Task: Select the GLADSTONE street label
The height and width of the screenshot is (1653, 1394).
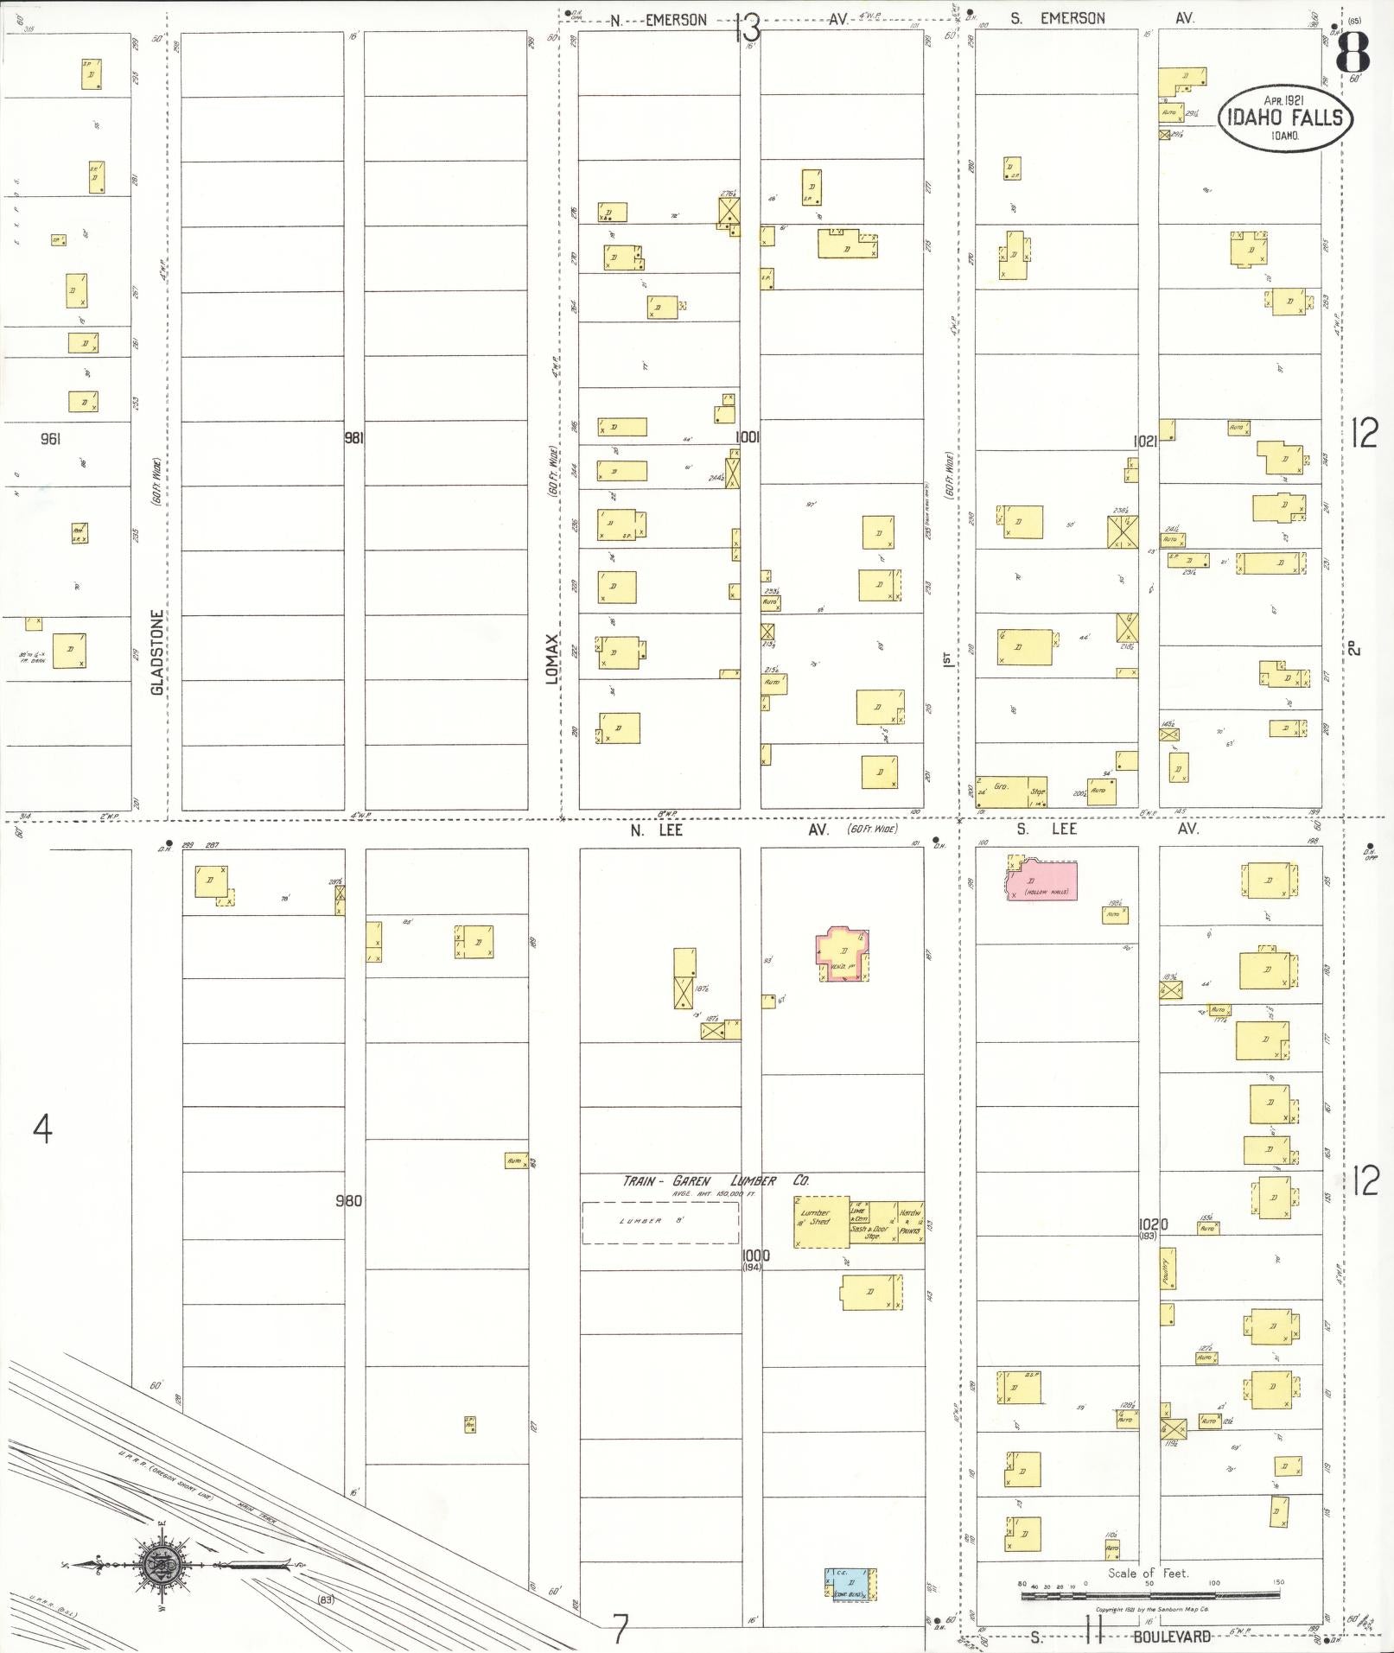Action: [157, 652]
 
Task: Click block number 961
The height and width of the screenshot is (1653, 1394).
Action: [50, 439]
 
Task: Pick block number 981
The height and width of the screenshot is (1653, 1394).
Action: [353, 439]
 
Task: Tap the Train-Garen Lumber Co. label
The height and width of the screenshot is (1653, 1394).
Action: [716, 1180]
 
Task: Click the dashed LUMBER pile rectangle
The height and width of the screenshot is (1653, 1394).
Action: [659, 1223]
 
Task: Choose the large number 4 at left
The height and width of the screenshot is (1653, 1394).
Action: [41, 1128]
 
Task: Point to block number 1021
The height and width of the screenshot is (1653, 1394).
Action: [1144, 442]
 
